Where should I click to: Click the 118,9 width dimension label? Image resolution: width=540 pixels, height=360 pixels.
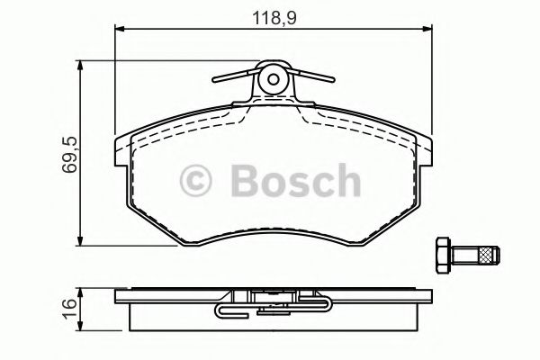(274, 18)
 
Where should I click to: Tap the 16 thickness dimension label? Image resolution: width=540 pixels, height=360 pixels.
(70, 308)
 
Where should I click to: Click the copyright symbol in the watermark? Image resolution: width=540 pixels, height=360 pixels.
(195, 181)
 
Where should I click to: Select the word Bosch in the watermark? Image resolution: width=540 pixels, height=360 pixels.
(296, 181)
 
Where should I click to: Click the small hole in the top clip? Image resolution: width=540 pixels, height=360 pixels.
(274, 79)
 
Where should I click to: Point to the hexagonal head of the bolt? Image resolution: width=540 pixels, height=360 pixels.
(444, 256)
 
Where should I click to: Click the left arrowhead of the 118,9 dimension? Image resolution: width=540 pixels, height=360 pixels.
(119, 30)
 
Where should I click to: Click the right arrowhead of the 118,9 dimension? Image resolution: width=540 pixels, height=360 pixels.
(427, 30)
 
